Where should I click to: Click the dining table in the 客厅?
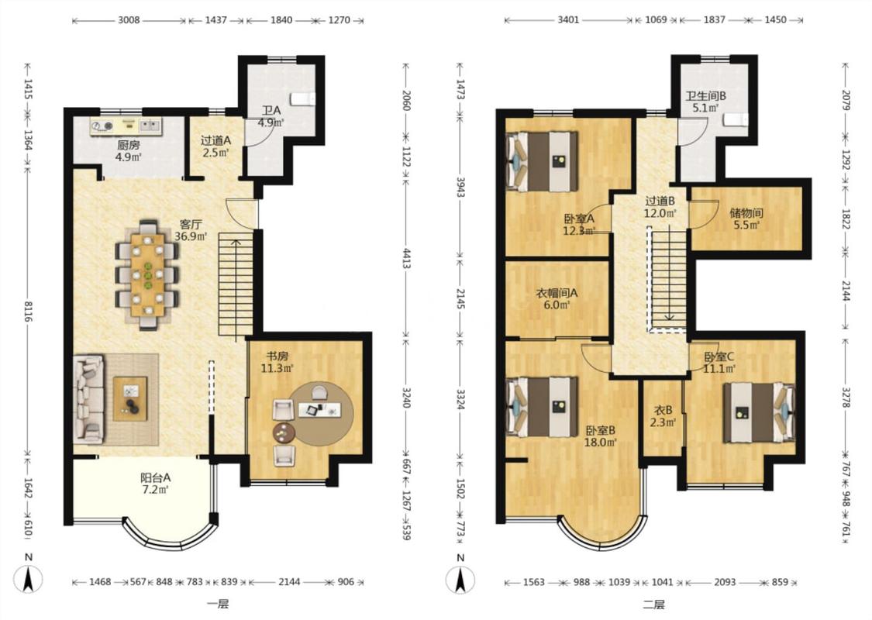[147, 274]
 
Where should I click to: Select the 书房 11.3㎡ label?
[277, 362]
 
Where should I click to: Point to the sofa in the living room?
[88, 398]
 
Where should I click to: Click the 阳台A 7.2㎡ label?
[155, 483]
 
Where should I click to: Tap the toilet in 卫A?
[303, 98]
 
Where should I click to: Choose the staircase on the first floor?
[236, 284]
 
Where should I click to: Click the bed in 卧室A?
[543, 162]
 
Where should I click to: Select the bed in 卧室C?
[759, 412]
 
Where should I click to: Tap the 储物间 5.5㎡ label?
[746, 219]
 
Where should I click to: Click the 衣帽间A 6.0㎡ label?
[556, 298]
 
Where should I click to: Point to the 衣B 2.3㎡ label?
[663, 416]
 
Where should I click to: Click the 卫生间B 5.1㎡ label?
[705, 102]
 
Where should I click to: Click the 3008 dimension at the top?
[129, 20]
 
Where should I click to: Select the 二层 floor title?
[653, 604]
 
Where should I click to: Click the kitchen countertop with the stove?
[126, 126]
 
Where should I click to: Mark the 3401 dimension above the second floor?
[568, 20]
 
